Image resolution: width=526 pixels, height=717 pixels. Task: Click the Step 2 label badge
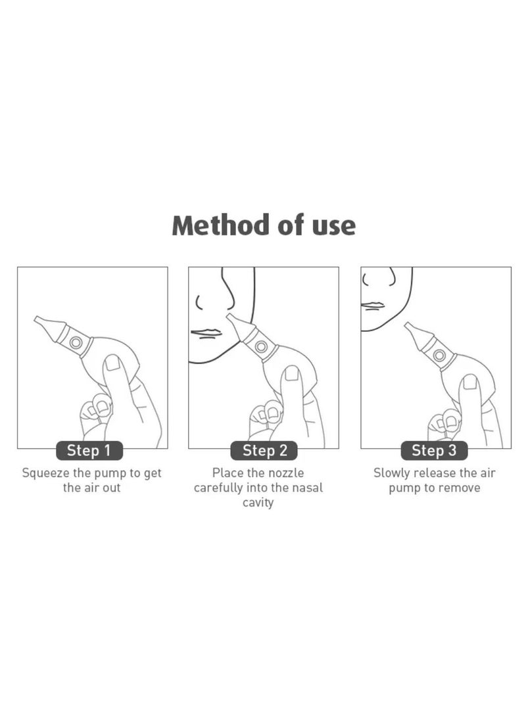264,451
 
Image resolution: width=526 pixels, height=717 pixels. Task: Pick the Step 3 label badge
434,451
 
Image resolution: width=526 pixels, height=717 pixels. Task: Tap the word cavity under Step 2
258,503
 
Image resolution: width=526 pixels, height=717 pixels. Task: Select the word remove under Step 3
460,488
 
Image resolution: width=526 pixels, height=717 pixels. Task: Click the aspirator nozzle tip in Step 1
39,320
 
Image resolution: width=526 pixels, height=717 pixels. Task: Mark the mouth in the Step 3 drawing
372,306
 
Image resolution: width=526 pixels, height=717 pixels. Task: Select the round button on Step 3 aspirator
439,356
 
